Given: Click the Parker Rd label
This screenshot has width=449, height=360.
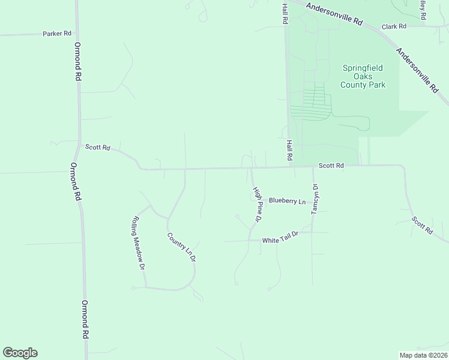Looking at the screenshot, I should [57, 34].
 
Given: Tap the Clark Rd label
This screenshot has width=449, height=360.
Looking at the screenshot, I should [394, 26].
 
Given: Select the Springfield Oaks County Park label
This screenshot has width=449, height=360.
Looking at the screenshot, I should [363, 77].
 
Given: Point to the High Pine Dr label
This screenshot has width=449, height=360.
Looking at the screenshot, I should [257, 204].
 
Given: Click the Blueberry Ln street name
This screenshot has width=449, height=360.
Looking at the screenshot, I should [287, 201].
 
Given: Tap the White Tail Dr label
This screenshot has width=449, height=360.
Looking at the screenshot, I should [280, 241].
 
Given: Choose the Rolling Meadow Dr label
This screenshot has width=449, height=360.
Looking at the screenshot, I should [139, 242].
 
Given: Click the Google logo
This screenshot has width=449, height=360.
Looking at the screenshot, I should [20, 353].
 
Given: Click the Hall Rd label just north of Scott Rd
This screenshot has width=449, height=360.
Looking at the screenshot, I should [289, 150].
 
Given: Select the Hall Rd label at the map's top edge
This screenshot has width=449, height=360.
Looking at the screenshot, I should [285, 12].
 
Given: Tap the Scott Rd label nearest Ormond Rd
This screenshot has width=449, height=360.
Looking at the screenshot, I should [97, 147].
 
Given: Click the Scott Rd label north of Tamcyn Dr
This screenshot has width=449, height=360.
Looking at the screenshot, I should [331, 165].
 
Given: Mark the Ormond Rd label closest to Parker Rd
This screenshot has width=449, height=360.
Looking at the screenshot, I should [77, 62].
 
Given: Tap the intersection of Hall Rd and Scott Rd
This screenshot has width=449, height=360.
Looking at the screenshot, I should [291, 167].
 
